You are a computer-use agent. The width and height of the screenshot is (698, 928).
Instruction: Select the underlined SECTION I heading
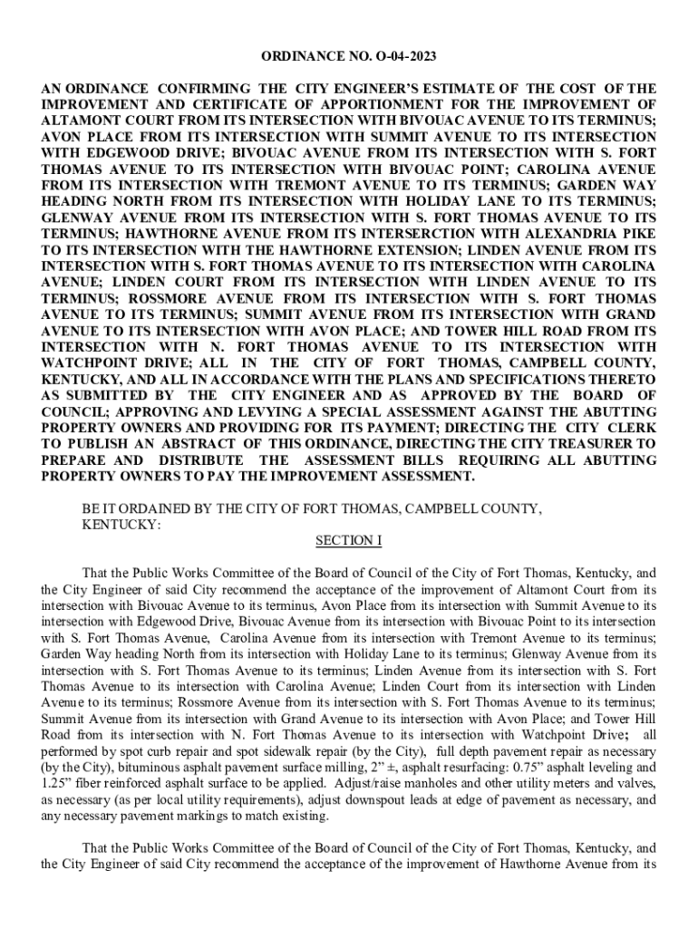[x=349, y=541]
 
